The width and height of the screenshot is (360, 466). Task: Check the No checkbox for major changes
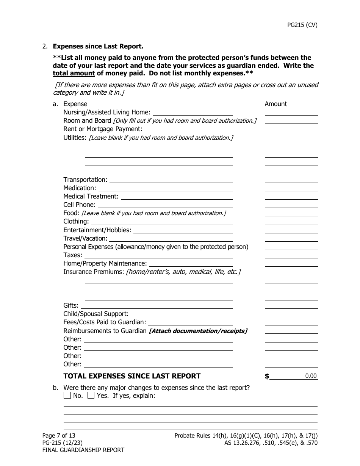point(67,396)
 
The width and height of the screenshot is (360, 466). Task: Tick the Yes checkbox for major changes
point(91,396)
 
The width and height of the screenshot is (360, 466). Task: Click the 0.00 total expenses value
point(311,376)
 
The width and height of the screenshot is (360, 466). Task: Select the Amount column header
point(275,104)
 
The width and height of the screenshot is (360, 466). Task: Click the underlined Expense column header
point(75,104)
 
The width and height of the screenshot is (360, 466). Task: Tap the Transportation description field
point(171,180)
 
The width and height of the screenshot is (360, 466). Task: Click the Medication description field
point(166,188)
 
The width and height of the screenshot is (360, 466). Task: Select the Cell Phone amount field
point(291,205)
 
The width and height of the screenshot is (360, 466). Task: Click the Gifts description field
point(157,306)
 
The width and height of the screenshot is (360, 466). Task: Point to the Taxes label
point(72,255)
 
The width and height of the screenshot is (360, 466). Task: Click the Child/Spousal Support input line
point(182,314)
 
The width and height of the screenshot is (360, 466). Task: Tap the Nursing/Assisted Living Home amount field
point(291,113)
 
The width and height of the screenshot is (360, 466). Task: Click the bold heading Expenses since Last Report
point(98,46)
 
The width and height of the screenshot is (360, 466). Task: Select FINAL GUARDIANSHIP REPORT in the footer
point(83,450)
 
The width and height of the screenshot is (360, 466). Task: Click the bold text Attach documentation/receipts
point(198,331)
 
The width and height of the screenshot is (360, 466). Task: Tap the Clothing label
point(76,221)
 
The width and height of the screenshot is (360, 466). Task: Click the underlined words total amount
point(74,73)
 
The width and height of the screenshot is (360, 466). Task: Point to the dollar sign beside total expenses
point(267,376)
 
